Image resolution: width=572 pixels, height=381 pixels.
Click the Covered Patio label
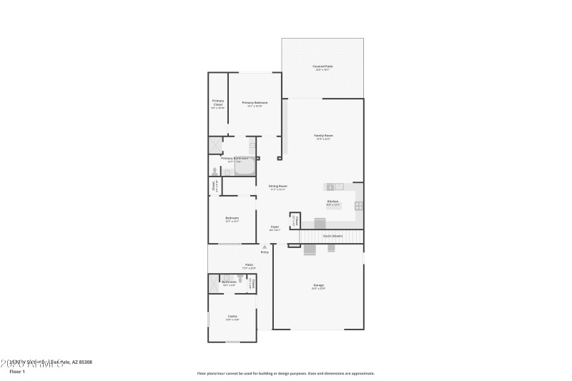[322, 66]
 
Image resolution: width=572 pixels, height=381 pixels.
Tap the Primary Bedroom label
[255, 103]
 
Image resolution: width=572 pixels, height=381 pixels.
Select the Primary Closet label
[218, 103]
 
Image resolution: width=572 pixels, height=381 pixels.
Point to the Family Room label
[323, 136]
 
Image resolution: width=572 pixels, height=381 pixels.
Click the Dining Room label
[277, 187]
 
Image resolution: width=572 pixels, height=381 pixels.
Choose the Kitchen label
[332, 202]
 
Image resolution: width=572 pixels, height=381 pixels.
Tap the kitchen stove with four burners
[358, 206]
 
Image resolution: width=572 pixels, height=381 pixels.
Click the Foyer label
[275, 227]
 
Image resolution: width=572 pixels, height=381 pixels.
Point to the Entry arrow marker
[265, 247]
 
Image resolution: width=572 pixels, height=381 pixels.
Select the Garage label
[318, 285]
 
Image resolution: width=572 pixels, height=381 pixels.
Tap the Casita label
[232, 317]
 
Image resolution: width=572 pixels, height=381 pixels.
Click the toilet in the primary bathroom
[214, 171]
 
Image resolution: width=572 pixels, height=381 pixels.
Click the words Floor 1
[17, 372]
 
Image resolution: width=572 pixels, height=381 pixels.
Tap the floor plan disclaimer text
[285, 373]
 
